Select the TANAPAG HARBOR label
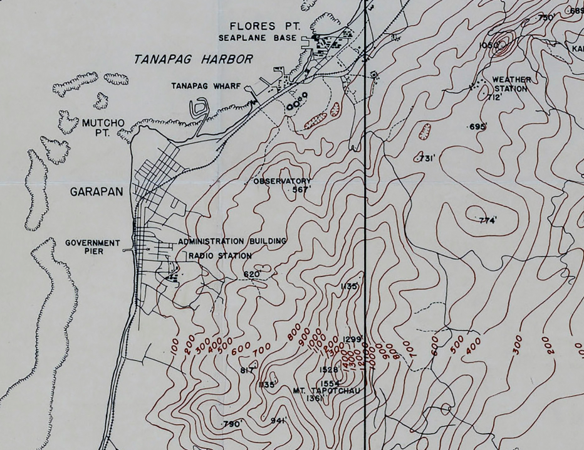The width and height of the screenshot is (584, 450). [x=194, y=60]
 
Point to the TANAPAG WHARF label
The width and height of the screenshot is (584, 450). [x=206, y=86]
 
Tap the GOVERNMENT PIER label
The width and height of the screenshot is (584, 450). [x=92, y=247]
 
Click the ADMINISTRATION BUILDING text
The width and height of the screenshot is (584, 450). [x=232, y=241]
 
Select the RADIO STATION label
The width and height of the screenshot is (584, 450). [x=220, y=255]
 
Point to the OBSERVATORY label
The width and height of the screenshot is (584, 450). [x=281, y=181]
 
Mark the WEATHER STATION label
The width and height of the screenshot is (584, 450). [x=511, y=84]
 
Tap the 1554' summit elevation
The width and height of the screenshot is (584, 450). [x=330, y=383]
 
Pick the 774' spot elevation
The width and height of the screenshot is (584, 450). [x=488, y=220]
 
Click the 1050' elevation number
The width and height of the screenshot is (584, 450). [x=489, y=45]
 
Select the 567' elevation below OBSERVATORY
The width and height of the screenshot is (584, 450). [x=302, y=190]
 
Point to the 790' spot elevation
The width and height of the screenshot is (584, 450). [x=232, y=425]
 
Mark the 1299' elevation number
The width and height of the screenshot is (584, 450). [x=353, y=340]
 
